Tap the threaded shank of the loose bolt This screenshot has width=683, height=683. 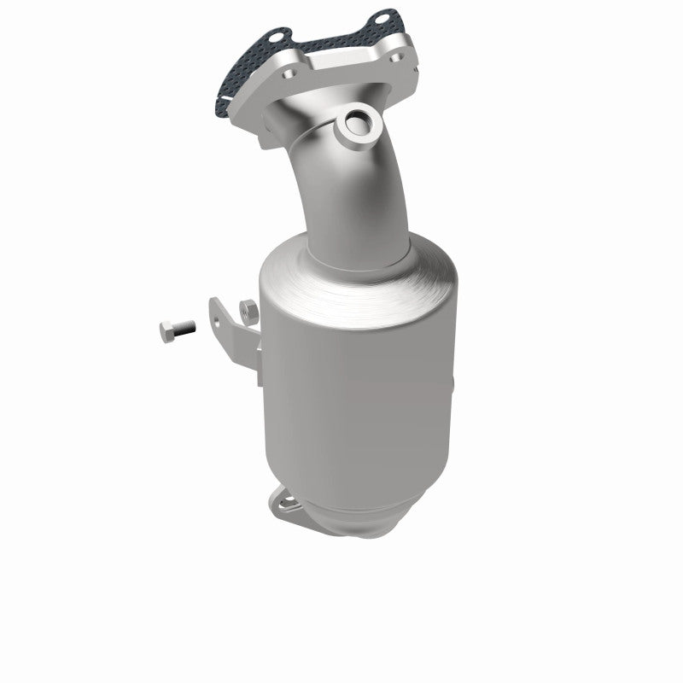(x=184, y=326)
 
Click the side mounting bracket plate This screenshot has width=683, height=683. (x=237, y=337)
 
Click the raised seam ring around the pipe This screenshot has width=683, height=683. (x=299, y=141)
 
